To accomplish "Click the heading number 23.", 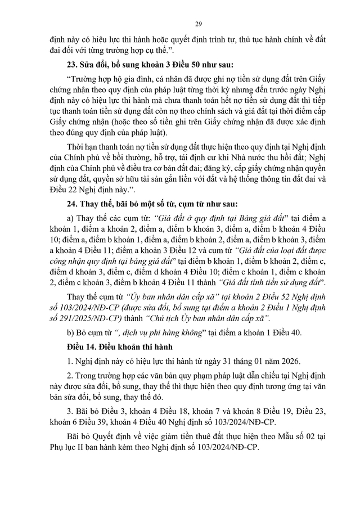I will pyautogui.click(x=73, y=62).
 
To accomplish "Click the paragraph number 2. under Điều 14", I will pyautogui.click(x=70, y=375).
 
